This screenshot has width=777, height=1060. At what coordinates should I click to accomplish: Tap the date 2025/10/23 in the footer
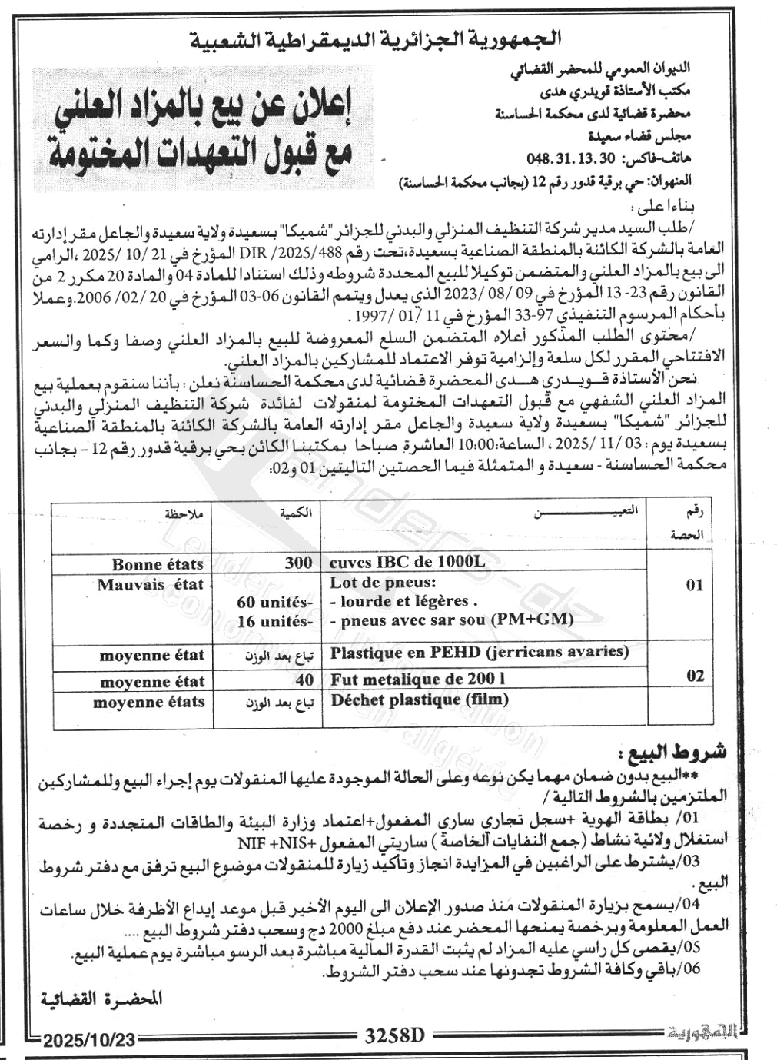click(x=89, y=1040)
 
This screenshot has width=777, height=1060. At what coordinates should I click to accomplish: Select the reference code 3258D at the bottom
click(x=394, y=1035)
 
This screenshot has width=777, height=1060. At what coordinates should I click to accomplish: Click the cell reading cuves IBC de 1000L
click(x=407, y=562)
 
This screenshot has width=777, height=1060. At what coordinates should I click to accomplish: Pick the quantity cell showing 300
click(x=298, y=563)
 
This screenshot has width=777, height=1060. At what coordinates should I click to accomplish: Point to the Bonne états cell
click(x=158, y=565)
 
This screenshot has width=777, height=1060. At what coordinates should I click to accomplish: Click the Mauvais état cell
click(x=150, y=585)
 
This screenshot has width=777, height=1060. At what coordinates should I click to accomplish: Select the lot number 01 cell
click(x=695, y=585)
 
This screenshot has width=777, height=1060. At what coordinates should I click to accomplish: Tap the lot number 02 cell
click(x=695, y=676)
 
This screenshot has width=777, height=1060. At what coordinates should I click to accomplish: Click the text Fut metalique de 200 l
click(x=418, y=680)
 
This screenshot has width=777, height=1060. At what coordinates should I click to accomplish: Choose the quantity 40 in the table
click(x=304, y=680)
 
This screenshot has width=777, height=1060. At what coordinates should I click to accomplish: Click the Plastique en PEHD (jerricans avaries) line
click(x=479, y=653)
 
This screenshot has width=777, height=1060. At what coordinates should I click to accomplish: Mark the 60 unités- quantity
click(x=274, y=602)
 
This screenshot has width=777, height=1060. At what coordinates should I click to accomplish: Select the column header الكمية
click(x=296, y=513)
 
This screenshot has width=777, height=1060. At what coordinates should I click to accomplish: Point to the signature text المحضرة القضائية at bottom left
click(x=101, y=999)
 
